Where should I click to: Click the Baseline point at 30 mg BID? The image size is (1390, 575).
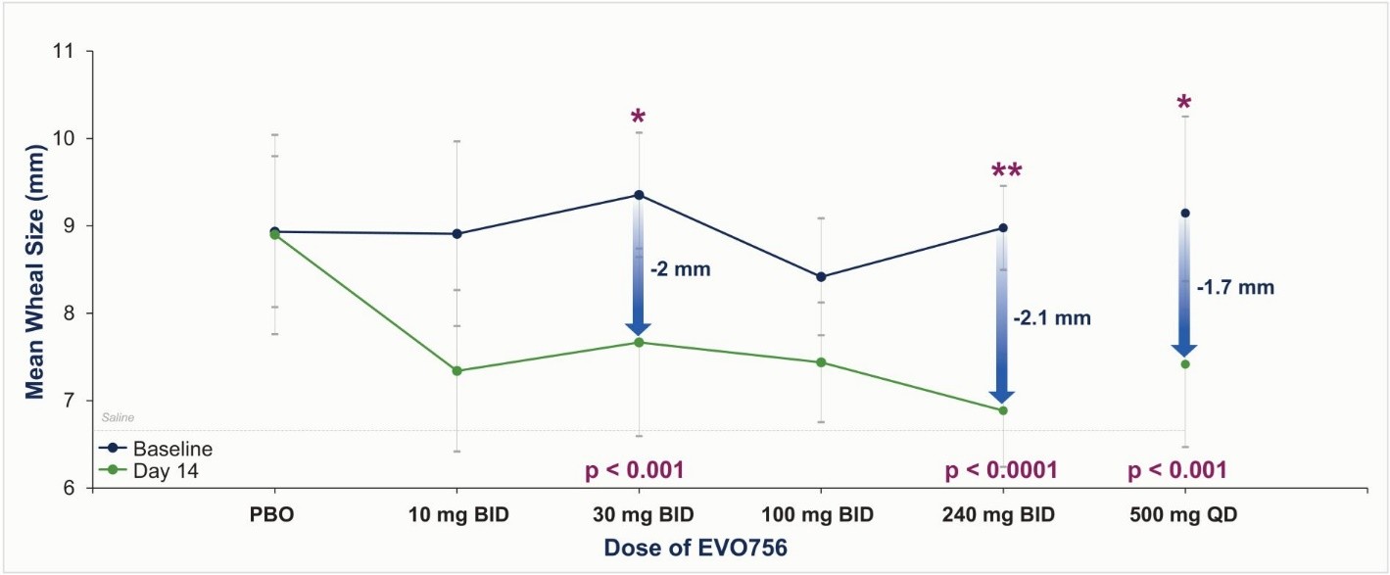coord(639,195)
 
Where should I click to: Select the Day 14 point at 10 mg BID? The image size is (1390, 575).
coord(456,370)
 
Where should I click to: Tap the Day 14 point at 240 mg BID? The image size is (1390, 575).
coord(1003,410)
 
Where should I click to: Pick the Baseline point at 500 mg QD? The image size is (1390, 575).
coord(1185,213)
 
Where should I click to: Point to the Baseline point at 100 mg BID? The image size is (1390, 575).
coord(821,277)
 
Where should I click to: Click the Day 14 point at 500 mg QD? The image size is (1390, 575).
coord(1185,364)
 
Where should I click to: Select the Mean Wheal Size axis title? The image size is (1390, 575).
coord(35,270)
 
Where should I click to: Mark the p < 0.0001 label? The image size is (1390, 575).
coord(1001,471)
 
